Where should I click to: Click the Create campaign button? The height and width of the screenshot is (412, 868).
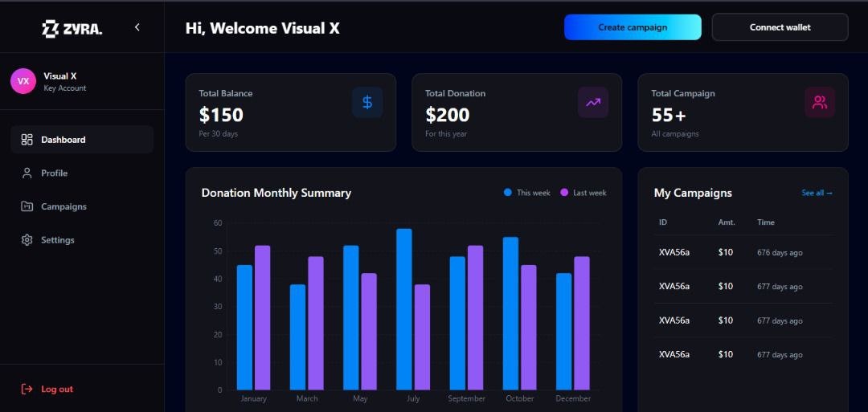[633, 27]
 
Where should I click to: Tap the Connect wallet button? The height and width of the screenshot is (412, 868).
[780, 27]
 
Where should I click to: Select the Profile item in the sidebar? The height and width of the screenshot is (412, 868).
[54, 173]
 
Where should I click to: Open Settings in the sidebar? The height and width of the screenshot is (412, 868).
[57, 240]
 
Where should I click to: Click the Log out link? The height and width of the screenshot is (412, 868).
[56, 390]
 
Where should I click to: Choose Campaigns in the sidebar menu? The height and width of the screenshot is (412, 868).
[63, 206]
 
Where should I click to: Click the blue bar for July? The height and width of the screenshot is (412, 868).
[404, 309]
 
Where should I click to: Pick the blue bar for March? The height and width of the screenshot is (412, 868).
[297, 337]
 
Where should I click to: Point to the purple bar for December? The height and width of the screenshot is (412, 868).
[582, 323]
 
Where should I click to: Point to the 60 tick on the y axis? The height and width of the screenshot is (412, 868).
[218, 222]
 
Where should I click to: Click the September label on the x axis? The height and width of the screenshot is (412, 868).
[467, 398]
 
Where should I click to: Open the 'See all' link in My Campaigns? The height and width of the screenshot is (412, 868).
[817, 193]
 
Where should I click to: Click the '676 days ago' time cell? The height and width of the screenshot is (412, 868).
[780, 253]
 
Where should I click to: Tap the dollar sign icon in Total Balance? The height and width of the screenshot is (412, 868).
[367, 102]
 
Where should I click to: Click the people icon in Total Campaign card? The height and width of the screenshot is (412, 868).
[820, 102]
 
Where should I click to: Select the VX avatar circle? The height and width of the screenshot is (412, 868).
[23, 81]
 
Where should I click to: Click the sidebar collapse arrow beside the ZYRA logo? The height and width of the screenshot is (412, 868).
[137, 27]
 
